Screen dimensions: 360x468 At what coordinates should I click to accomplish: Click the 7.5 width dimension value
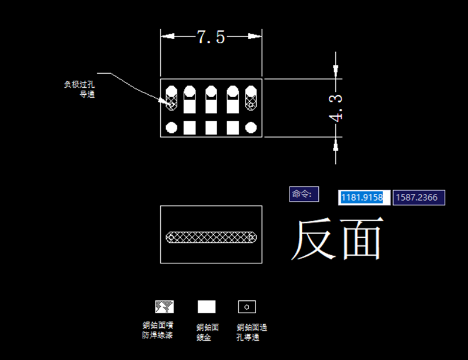tap(211, 37)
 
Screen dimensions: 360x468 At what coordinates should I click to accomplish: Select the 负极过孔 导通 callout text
tap(80, 89)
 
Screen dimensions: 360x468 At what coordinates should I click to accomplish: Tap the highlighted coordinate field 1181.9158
tap(362, 197)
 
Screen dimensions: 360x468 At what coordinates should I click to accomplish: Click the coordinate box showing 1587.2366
tap(419, 197)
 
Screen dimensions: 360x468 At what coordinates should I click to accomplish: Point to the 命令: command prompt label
tap(304, 194)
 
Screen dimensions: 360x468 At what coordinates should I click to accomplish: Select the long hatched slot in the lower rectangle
tap(211, 238)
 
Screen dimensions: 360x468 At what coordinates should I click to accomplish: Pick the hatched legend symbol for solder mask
tap(164, 306)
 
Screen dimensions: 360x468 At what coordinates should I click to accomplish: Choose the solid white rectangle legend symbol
tap(207, 307)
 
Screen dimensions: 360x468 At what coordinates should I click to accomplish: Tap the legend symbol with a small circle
tap(247, 306)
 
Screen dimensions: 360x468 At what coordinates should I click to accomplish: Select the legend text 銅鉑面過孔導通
tap(252, 332)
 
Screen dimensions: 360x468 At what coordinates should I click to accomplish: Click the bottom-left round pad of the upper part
tap(172, 127)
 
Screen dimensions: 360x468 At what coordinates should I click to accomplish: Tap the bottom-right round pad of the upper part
tap(252, 127)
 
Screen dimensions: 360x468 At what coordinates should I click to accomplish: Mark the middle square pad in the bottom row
tap(211, 127)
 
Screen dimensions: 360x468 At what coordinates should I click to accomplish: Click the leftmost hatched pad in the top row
tap(172, 98)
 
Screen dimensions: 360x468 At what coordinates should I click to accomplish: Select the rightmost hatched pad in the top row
tap(252, 98)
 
